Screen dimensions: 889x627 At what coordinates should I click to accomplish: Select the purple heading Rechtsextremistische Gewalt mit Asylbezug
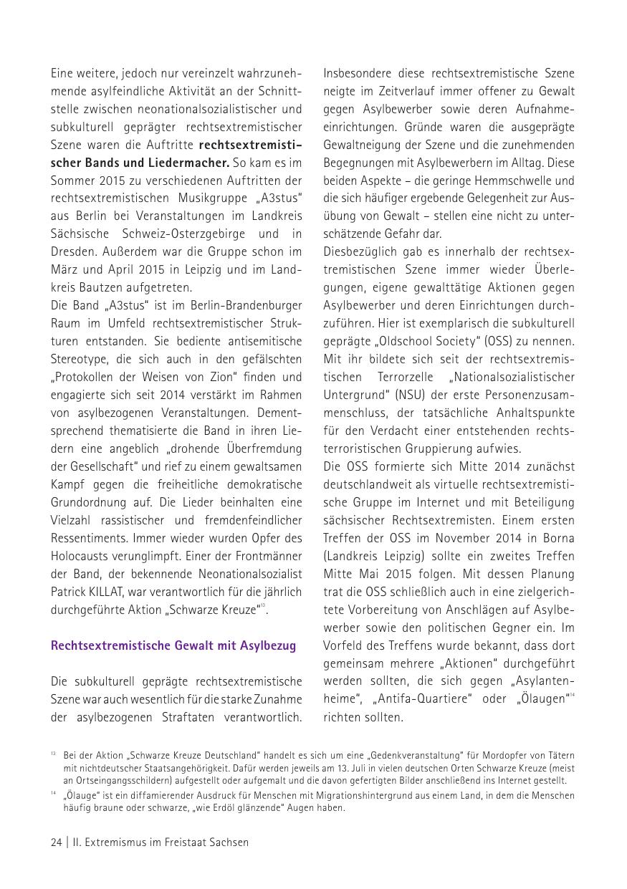[x=173, y=645]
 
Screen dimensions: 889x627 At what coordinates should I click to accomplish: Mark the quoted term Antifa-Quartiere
[x=421, y=699]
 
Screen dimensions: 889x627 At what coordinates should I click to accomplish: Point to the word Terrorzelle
[x=412, y=377]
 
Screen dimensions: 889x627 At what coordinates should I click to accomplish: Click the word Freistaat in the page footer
[x=175, y=842]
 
